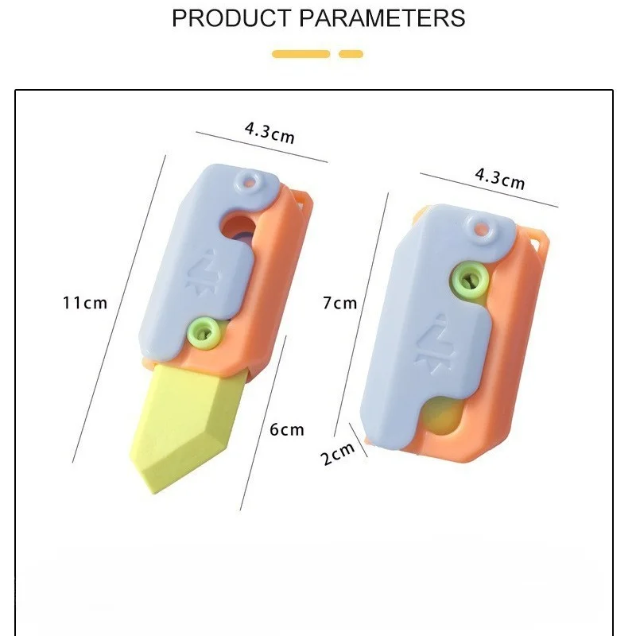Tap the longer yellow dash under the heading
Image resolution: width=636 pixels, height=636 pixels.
coord(301,54)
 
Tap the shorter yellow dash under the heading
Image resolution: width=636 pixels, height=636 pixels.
coord(351,54)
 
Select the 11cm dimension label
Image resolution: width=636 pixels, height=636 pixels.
coord(85,303)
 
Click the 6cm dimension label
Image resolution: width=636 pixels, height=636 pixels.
coord(287,430)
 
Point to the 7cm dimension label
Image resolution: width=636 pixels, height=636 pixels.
coord(339,303)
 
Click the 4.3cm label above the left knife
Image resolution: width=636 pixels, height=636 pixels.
coord(270,131)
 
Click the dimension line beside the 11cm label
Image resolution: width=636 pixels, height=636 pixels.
coord(119,310)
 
